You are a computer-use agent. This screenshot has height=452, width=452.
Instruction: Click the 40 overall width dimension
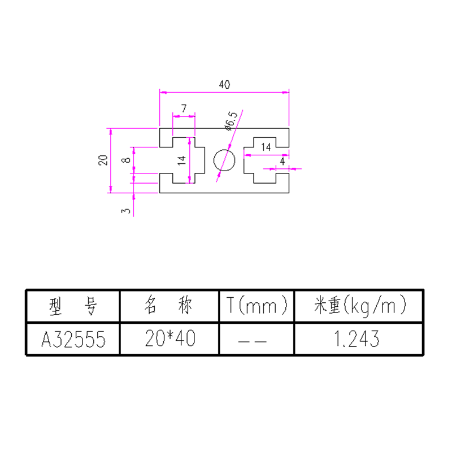[x=224, y=85]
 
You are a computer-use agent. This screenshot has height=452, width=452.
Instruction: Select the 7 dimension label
[x=184, y=108]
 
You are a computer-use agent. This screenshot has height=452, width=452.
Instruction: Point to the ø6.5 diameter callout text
[x=231, y=120]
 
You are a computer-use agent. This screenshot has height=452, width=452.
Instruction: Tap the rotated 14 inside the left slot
[x=181, y=160]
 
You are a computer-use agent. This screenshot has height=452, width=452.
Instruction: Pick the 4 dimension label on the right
[x=282, y=161]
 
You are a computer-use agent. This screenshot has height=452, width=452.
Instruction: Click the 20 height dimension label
[x=103, y=160]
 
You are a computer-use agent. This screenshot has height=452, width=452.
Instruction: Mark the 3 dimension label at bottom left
[x=126, y=210]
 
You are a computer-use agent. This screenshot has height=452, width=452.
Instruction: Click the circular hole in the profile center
[x=224, y=160]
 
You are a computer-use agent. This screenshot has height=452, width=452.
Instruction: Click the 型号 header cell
[x=73, y=306]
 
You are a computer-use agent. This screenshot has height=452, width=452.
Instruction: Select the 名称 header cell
[x=169, y=306]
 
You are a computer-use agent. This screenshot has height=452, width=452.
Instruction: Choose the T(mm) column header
[x=257, y=306]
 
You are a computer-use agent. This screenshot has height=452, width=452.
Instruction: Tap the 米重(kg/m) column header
[x=360, y=306]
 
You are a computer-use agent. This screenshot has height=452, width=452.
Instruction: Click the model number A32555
[x=73, y=339]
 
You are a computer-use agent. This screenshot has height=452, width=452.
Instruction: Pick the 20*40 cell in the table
[x=169, y=339]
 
